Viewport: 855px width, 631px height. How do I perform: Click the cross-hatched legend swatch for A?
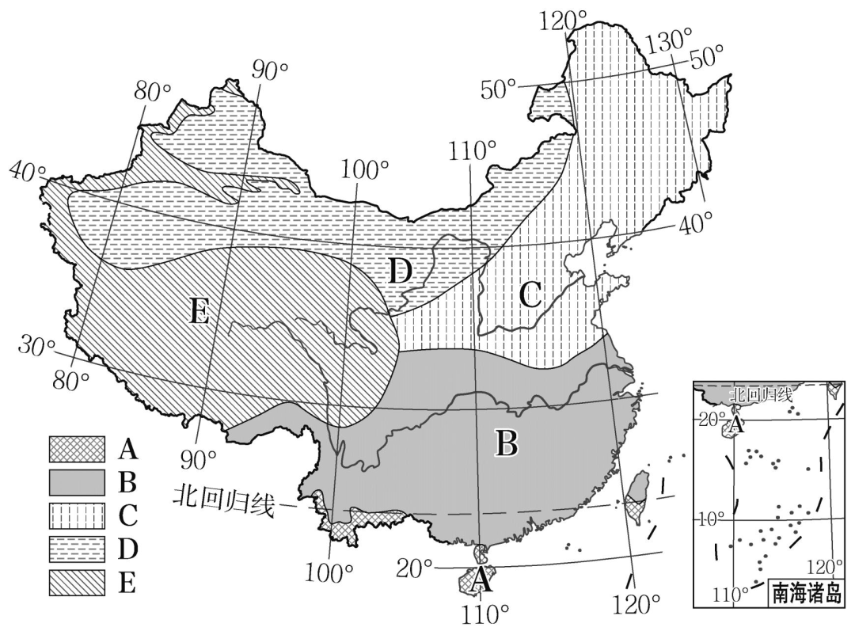coord(77,449)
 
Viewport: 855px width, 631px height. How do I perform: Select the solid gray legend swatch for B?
coord(77,481)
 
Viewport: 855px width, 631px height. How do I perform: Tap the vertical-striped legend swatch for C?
coord(77,515)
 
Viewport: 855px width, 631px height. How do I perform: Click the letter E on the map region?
coord(199,314)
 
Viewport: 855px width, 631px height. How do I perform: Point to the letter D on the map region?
coord(401,272)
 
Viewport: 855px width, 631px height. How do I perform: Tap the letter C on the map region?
coord(530,295)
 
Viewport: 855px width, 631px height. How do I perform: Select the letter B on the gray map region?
coord(505,444)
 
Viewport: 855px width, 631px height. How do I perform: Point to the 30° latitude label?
coord(38,347)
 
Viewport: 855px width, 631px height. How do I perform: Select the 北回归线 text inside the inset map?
coord(759,393)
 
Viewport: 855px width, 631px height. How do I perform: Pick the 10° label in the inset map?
coord(711,519)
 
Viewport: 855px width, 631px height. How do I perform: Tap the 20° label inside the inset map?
coord(709,417)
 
